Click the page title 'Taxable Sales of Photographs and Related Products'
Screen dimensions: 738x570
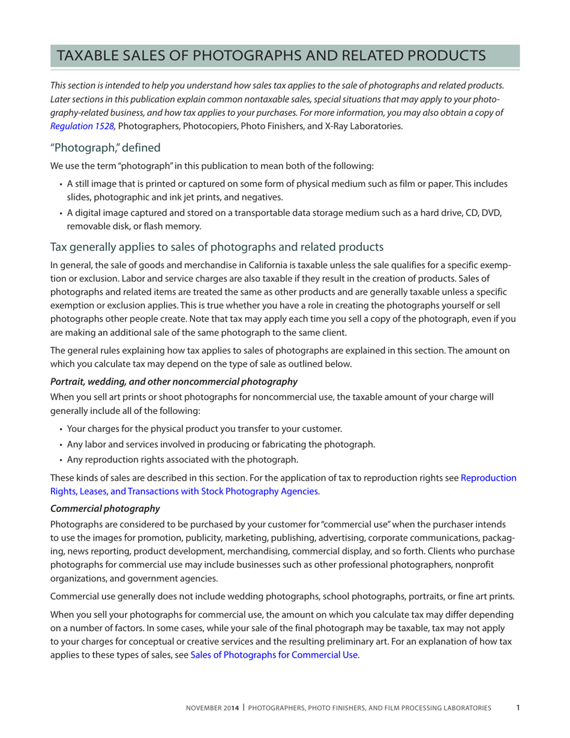coord(271,55)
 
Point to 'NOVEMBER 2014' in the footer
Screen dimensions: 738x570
coord(211,709)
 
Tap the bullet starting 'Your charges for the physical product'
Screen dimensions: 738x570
coord(204,428)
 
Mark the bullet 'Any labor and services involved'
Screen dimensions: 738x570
coord(221,444)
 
